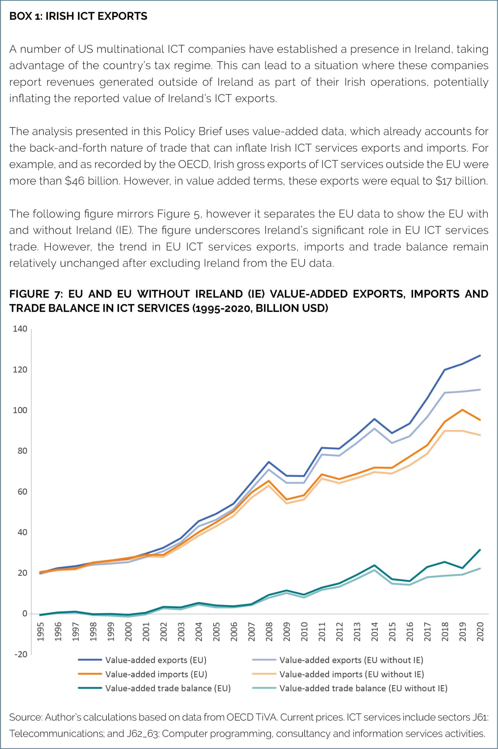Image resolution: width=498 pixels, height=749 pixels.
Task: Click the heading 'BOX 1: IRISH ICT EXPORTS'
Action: pos(78,16)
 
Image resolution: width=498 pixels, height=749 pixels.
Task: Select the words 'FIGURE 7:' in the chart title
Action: pos(34,294)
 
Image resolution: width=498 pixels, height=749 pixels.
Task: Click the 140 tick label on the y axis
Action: pos(20,329)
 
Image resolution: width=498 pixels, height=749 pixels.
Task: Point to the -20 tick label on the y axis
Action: pos(20,654)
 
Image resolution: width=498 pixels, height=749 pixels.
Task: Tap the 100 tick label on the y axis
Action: pos(20,410)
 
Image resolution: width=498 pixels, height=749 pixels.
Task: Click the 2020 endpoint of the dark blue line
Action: pos(480,355)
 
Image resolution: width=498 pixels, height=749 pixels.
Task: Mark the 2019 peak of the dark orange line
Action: pos(462,410)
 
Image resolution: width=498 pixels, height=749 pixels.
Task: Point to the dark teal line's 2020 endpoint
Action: pos(480,550)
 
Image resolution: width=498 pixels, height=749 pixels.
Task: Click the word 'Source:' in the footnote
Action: pos(25,717)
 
